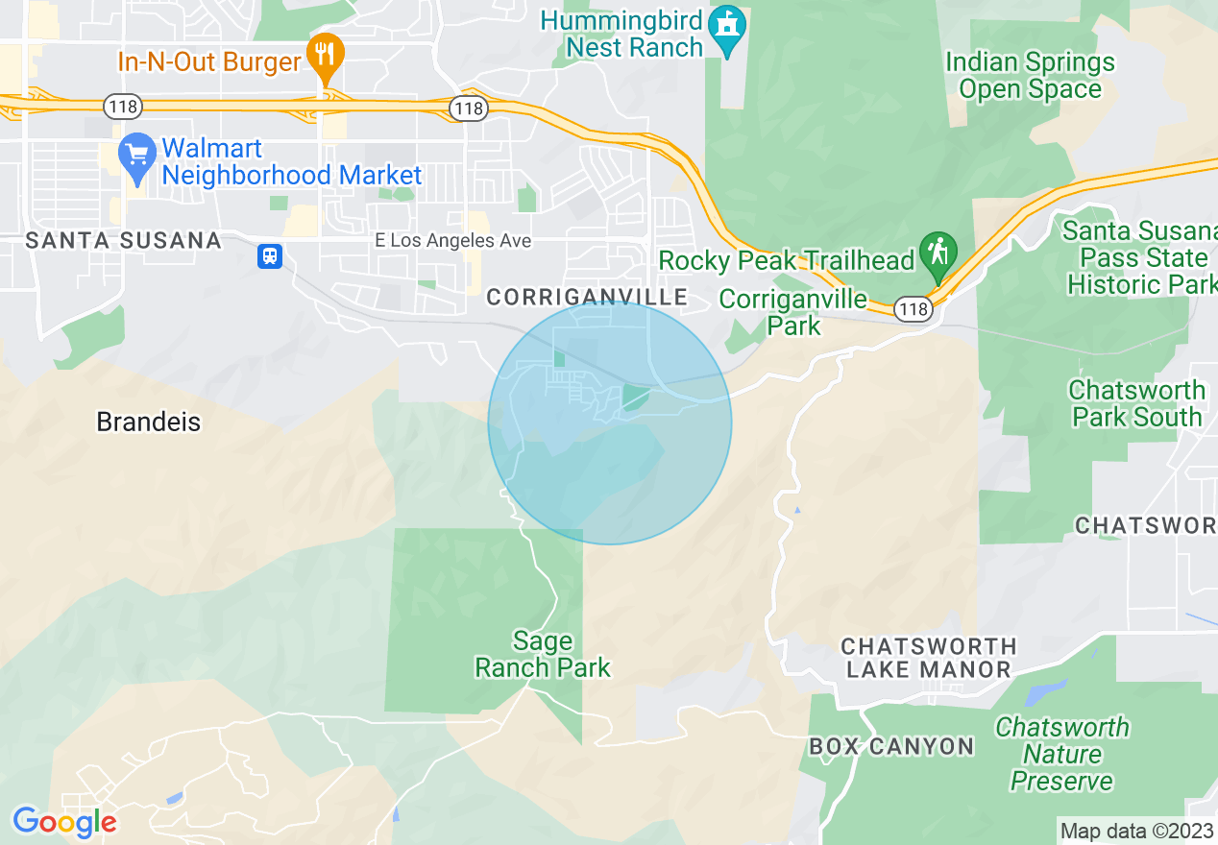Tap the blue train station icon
tap(270, 256)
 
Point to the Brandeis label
tap(149, 422)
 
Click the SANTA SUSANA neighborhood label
tap(124, 241)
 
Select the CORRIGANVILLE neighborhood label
tap(587, 298)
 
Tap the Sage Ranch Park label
tap(543, 654)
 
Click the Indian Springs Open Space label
tap(1030, 76)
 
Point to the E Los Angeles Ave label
tap(452, 241)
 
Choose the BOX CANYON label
tap(891, 746)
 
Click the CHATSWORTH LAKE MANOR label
tap(928, 658)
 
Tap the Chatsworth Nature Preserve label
tap(1061, 754)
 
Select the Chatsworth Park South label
tap(1136, 403)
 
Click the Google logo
tap(64, 822)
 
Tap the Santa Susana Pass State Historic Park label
tap(1140, 257)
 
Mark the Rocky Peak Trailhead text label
tap(787, 260)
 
